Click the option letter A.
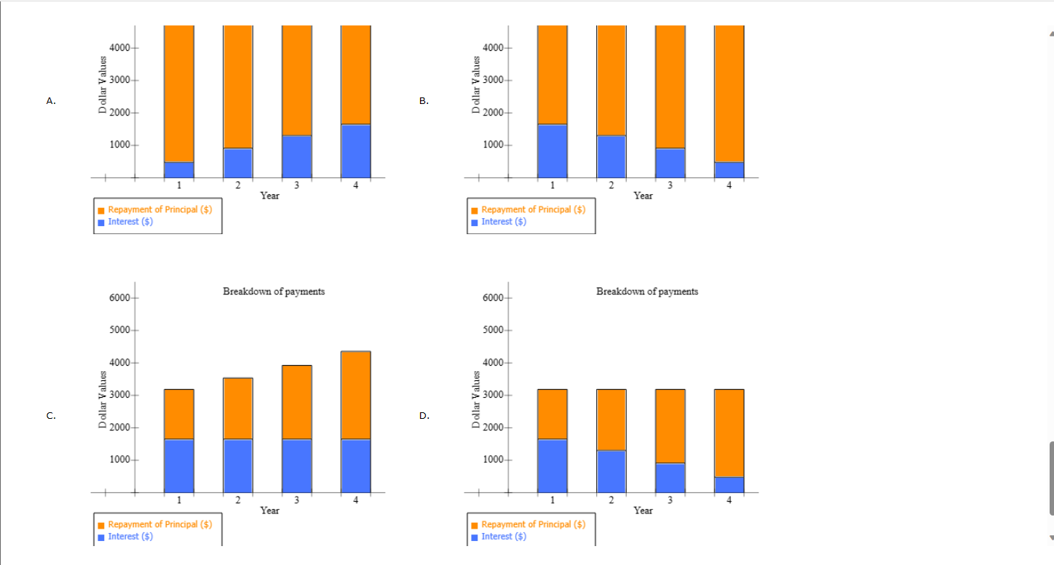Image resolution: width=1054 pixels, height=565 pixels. pyautogui.click(x=50, y=101)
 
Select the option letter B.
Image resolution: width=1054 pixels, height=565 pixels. pyautogui.click(x=424, y=101)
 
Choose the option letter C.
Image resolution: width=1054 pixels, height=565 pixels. pyautogui.click(x=50, y=416)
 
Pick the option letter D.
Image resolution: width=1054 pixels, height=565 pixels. pyautogui.click(x=424, y=416)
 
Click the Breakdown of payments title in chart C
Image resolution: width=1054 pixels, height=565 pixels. pyautogui.click(x=274, y=292)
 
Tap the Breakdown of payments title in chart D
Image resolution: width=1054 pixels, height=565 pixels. pyautogui.click(x=646, y=292)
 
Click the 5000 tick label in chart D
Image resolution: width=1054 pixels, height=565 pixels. pyautogui.click(x=493, y=330)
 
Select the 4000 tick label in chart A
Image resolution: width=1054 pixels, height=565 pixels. pyautogui.click(x=119, y=48)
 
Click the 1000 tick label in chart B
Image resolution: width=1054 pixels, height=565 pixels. pyautogui.click(x=493, y=145)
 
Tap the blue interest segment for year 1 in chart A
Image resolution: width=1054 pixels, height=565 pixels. pyautogui.click(x=179, y=169)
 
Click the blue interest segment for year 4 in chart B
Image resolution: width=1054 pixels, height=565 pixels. pyautogui.click(x=729, y=169)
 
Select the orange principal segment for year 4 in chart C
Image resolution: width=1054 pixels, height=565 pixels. pyautogui.click(x=356, y=395)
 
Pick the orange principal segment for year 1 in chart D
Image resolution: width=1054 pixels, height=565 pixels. pyautogui.click(x=552, y=414)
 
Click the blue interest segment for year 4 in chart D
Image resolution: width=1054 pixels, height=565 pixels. pyautogui.click(x=729, y=484)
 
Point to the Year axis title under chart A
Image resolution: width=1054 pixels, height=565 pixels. pyautogui.click(x=269, y=196)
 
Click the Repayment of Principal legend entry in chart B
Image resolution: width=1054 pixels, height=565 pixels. pyautogui.click(x=533, y=209)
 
